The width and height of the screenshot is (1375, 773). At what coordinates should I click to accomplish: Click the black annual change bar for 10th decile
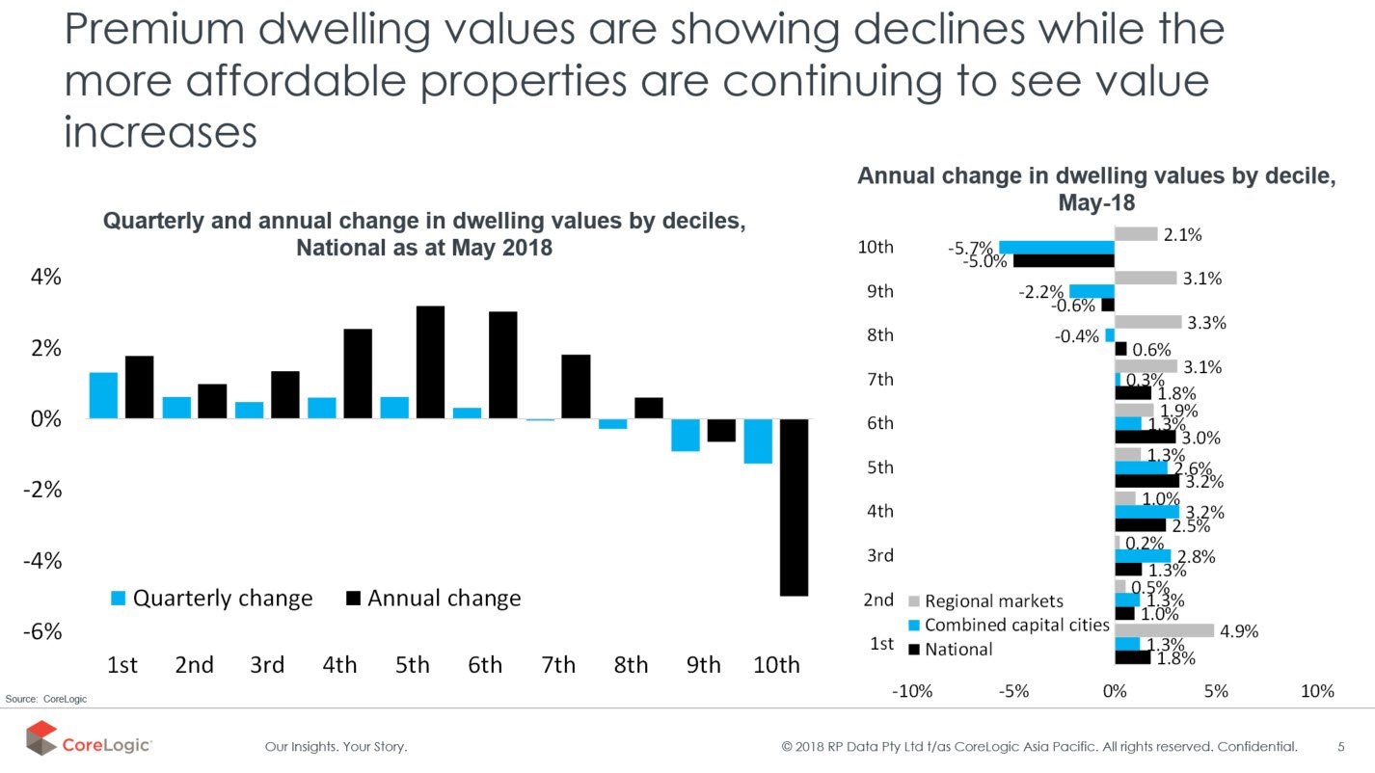[794, 507]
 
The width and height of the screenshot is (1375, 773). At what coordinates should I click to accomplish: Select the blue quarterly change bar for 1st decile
[103, 395]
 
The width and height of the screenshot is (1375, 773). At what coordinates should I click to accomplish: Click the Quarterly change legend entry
[211, 599]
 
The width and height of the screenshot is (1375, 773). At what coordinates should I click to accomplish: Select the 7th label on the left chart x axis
[558, 665]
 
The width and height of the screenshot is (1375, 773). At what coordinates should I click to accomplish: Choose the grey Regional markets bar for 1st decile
[1164, 630]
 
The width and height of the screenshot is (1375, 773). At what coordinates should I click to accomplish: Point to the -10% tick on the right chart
[912, 691]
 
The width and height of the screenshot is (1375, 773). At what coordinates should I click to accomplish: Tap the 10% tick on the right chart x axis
[1317, 691]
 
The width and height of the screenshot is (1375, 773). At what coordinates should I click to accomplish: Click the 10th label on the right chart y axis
[876, 248]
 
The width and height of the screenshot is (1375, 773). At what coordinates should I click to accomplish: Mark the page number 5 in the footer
[1341, 746]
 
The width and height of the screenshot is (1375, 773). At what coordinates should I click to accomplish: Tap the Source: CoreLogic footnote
[45, 699]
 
